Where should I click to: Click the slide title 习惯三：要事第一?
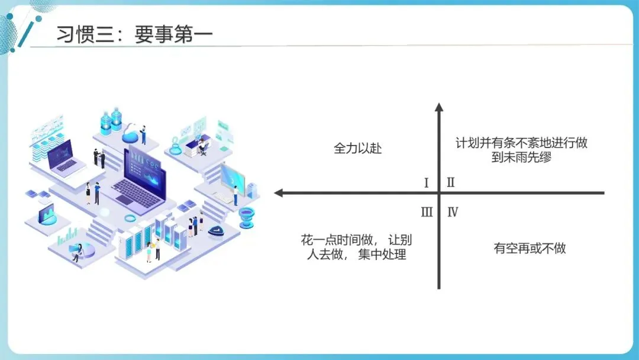(x=134, y=34)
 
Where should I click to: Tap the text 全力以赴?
(x=358, y=148)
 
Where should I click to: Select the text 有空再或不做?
(x=530, y=248)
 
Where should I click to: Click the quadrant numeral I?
(x=426, y=182)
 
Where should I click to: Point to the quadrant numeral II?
(x=450, y=182)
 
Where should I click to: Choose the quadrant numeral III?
(x=427, y=212)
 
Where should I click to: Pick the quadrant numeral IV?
(x=453, y=212)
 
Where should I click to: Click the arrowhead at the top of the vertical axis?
(x=438, y=107)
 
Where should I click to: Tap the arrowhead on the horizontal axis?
(x=280, y=193)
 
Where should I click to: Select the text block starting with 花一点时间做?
(x=356, y=247)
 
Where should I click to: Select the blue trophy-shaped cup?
(x=246, y=217)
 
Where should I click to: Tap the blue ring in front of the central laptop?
(x=131, y=218)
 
